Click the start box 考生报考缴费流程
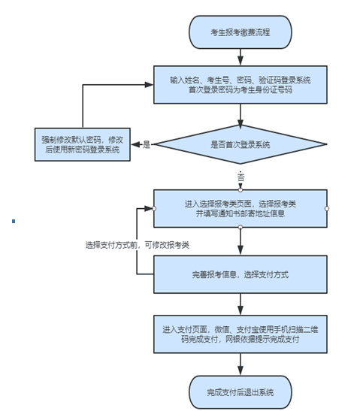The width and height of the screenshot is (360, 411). coord(241,32)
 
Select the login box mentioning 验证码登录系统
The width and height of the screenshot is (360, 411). coord(241,85)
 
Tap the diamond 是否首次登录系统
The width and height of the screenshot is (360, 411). coord(241,144)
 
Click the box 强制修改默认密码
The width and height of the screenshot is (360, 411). coord(83,144)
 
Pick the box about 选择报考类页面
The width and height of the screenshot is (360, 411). coord(241,208)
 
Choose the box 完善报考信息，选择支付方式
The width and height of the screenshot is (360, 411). coord(241,274)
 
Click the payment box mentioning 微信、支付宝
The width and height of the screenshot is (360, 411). coord(241,334)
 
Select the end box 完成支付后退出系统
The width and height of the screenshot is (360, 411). coord(241,392)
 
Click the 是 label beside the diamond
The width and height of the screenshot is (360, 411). coord(147,144)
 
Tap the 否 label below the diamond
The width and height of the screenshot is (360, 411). coord(241,177)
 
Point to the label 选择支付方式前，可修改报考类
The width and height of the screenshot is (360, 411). coord(137,245)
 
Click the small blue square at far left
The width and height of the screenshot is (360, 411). coord(14,221)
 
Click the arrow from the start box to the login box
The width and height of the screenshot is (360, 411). coord(241,57)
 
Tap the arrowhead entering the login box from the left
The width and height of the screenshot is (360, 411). coord(149,84)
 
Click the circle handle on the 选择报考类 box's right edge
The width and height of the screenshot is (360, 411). coord(327,209)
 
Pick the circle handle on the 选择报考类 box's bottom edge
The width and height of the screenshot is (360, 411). coord(241,227)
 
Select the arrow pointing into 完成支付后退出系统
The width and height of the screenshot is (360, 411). coord(241,364)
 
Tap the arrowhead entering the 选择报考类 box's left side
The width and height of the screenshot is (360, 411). coord(149,209)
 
